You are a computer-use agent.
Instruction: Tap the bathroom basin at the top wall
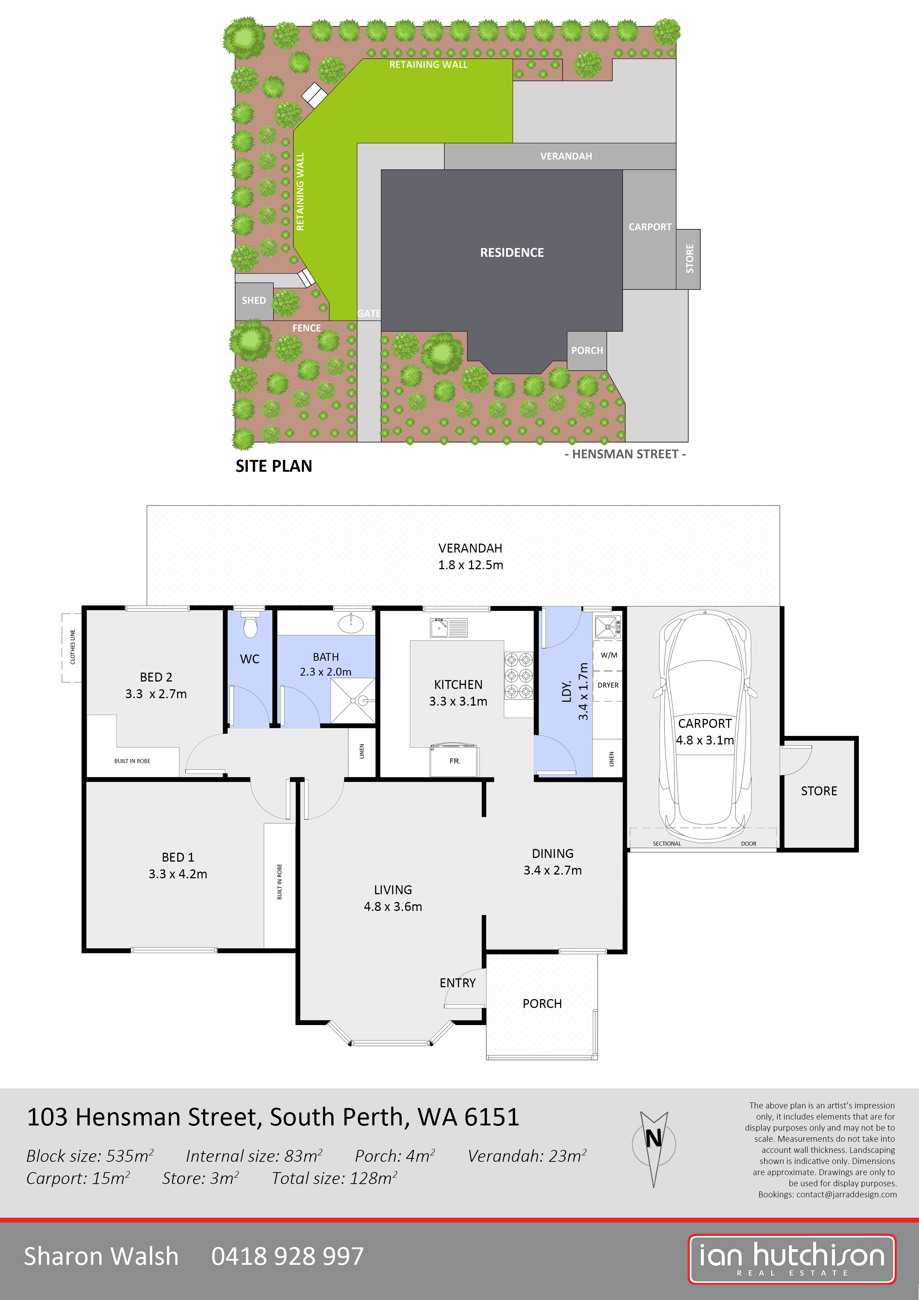pos(351,623)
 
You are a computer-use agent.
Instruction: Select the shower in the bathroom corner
pos(352,700)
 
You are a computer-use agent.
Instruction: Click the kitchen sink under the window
pos(448,628)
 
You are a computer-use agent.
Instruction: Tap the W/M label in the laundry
pos(609,655)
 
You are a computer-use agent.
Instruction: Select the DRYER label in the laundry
pos(608,685)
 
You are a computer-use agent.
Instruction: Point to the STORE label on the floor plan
pos(819,791)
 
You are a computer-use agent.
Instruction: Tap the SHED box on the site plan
pos(254,301)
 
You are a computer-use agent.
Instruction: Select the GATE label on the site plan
pos(369,313)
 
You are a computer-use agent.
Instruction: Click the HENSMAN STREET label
pos(625,454)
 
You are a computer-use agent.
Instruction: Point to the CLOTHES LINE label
pos(73,647)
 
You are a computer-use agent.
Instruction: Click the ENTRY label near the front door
pos(458,983)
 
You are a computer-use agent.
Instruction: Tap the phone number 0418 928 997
pos(288,1256)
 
